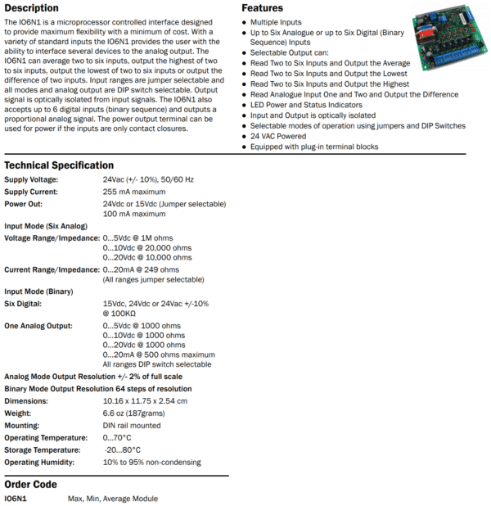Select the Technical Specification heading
pos(59,165)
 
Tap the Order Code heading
pos(30,484)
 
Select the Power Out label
pos(23,203)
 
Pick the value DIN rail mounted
pos(132,426)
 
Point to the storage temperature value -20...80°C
pos(123,450)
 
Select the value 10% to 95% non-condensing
pos(151,463)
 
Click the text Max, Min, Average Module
pos(113,498)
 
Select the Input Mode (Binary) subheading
pos(38,291)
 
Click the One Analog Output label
pos(38,326)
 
